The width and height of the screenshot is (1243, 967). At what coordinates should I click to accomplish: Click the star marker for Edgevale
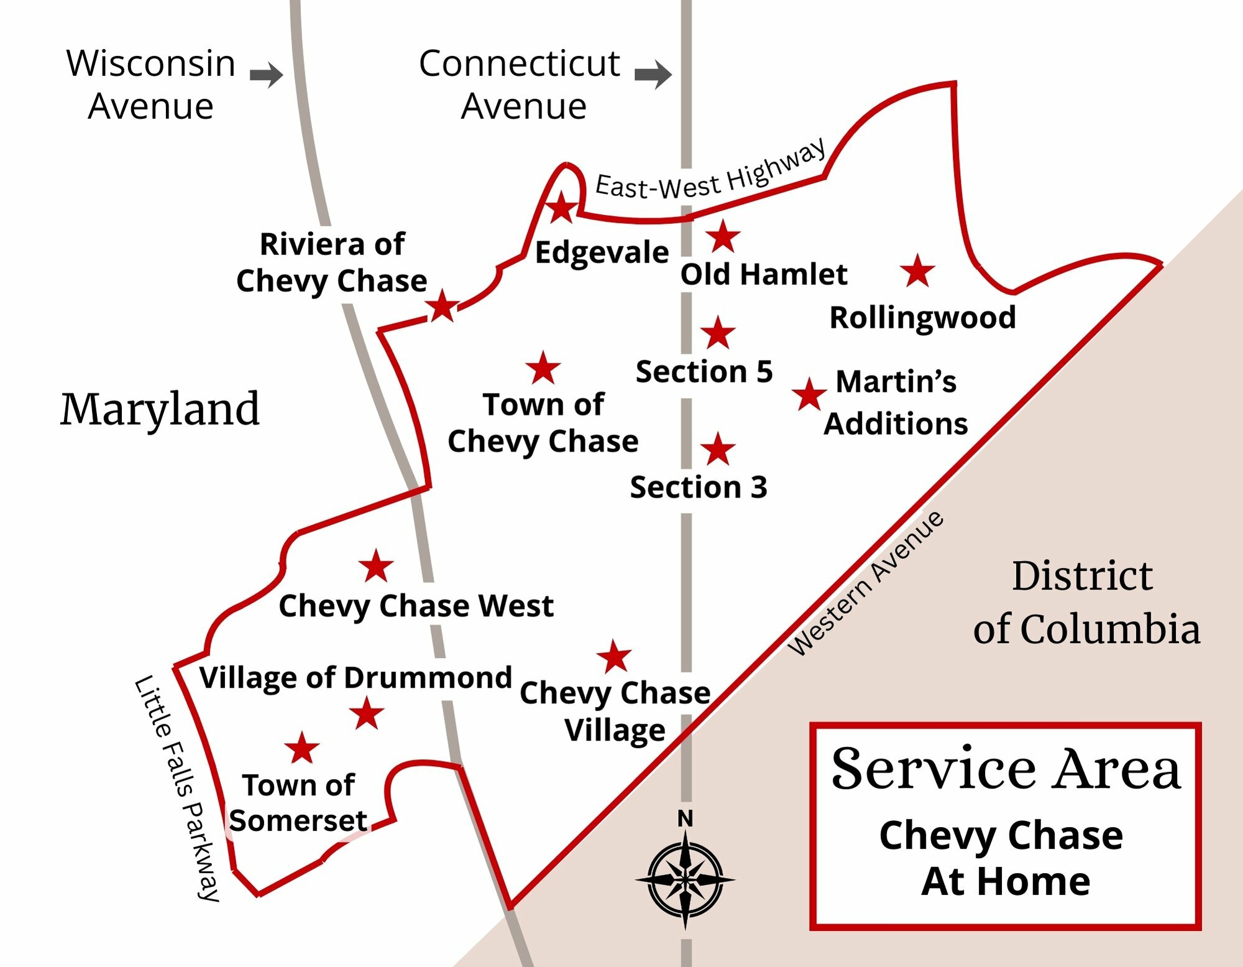click(x=562, y=208)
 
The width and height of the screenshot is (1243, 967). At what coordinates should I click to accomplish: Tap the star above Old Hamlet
click(x=723, y=236)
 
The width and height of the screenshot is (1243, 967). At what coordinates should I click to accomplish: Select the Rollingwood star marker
click(x=917, y=271)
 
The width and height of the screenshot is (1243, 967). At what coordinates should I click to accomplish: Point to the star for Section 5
click(x=718, y=333)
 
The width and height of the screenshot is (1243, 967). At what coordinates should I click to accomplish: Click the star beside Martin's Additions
click(x=809, y=394)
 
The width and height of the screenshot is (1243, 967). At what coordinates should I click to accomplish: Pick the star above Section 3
click(x=718, y=450)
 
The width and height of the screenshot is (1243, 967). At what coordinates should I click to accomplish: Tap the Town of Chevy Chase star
click(x=543, y=368)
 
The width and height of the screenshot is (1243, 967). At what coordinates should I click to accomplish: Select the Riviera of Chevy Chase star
click(x=443, y=306)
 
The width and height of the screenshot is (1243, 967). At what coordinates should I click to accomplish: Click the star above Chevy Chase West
click(x=376, y=566)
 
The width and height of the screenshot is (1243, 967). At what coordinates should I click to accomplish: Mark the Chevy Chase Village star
click(x=615, y=657)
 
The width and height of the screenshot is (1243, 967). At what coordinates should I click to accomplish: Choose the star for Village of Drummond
click(x=367, y=713)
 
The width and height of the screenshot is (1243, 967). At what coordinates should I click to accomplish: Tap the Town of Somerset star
click(x=302, y=748)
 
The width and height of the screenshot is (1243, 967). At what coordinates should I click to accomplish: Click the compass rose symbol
click(x=685, y=879)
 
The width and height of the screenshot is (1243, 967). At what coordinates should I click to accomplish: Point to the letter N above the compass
click(x=685, y=819)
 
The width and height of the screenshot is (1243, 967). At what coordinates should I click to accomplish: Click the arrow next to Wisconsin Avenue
click(x=266, y=75)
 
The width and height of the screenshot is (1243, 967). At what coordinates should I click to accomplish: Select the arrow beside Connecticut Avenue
click(x=653, y=75)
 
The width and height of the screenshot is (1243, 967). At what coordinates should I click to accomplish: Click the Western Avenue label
click(x=866, y=583)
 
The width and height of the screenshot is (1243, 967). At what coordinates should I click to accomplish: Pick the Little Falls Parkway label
click(x=178, y=787)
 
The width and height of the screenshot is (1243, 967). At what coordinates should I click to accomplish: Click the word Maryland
click(x=160, y=410)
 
